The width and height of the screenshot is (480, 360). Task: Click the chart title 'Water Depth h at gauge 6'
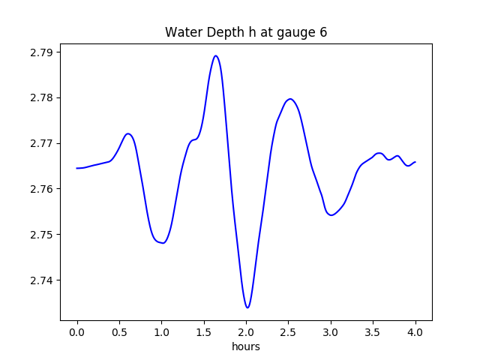pos(246,32)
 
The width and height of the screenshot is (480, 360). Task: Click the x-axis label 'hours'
pos(246,347)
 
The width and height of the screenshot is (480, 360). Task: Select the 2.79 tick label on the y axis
pos(42,52)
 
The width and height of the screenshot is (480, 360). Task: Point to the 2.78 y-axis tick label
pos(42,98)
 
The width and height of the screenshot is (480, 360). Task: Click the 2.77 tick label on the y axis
pos(42,143)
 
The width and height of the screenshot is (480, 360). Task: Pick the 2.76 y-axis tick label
pos(42,189)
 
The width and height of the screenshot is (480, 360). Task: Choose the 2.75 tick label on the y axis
pos(42,235)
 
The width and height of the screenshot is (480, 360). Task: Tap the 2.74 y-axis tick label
pos(42,280)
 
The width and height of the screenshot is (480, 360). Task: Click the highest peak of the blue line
pos(216,55)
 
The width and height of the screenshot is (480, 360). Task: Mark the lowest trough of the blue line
pos(247,307)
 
